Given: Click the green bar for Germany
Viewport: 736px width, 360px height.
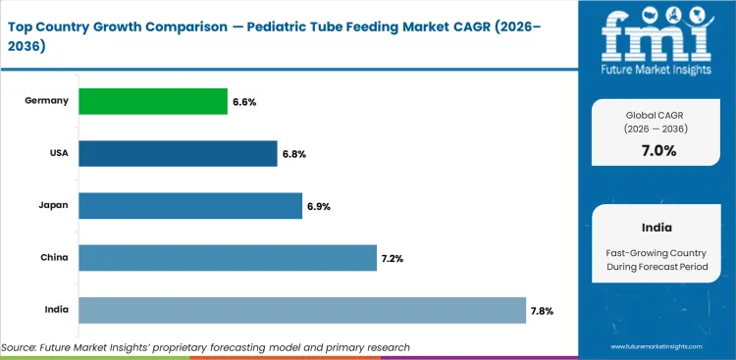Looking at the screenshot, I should pos(152,101).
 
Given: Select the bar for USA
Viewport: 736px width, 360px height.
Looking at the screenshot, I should pos(178,153).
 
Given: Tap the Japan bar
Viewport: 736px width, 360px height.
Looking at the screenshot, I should pos(189,206).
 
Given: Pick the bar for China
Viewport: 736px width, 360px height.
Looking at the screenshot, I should pos(227,258).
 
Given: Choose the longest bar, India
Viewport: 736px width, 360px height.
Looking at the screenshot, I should pos(302,310).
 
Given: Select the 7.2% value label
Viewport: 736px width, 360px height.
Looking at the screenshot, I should pos(393,258).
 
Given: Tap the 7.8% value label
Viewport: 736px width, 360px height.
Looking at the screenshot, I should pos(543,311).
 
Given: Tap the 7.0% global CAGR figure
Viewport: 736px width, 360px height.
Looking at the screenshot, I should pos(657,150).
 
